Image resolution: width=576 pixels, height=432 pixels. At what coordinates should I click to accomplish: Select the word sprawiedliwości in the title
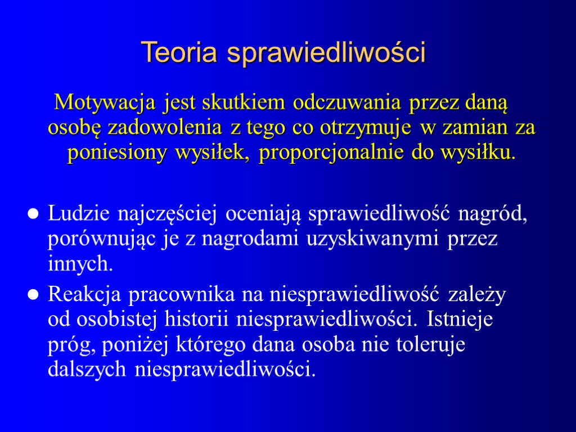[x=327, y=53]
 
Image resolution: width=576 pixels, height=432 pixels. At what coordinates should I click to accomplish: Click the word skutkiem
[x=246, y=103]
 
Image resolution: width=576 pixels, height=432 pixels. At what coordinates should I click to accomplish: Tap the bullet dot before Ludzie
[x=33, y=215]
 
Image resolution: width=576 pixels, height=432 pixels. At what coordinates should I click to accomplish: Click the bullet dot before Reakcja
[x=33, y=295]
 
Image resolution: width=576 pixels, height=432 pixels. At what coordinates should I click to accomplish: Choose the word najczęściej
[x=165, y=214]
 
